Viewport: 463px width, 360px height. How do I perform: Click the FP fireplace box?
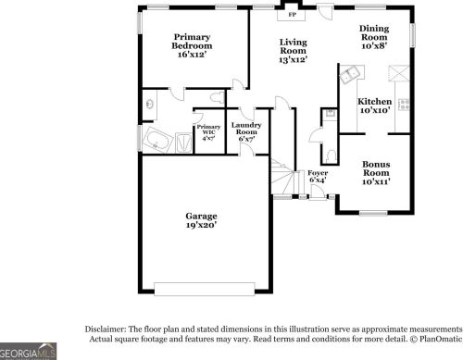[x=293, y=15]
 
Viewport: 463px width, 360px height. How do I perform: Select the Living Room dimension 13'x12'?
[x=293, y=59]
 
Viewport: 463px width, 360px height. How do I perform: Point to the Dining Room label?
[x=374, y=34]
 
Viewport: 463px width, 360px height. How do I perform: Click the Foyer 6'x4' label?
[x=318, y=176]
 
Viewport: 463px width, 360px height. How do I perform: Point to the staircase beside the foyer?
[x=281, y=178]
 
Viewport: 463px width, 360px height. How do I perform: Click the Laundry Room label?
[x=246, y=132]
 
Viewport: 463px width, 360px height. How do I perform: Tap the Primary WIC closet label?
[x=207, y=131]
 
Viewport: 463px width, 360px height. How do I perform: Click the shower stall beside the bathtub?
[x=181, y=142]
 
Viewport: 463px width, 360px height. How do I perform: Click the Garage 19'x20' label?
[x=201, y=220]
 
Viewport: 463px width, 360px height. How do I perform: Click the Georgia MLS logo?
[x=28, y=352]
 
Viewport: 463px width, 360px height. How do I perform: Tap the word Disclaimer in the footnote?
[x=106, y=329]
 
